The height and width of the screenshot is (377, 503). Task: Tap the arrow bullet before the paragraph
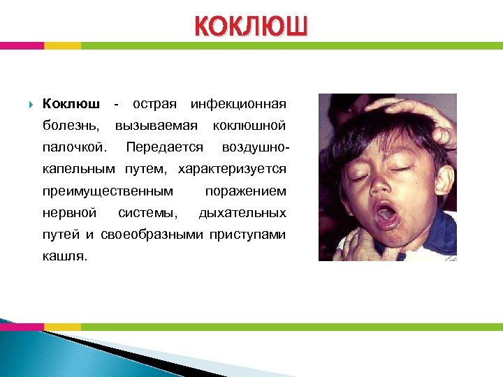click(x=31, y=105)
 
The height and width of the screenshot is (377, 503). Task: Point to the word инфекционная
click(x=238, y=104)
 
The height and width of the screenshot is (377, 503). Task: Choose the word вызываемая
click(x=158, y=126)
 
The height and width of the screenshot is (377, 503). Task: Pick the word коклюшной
click(x=249, y=126)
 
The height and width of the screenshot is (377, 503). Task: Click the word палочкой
click(x=75, y=147)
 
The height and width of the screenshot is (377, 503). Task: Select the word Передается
click(x=165, y=147)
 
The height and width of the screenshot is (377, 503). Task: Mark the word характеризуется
click(x=233, y=169)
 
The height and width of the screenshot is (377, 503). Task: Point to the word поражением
click(x=245, y=191)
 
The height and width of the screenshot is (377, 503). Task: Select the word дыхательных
click(x=242, y=212)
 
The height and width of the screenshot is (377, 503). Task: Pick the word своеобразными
click(x=153, y=235)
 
